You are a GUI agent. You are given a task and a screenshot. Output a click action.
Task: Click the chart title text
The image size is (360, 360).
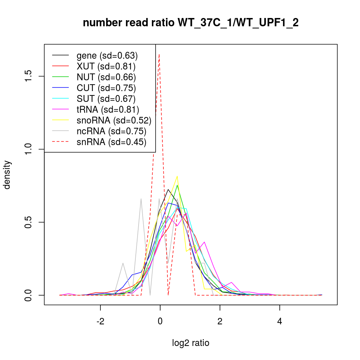click(x=190, y=23)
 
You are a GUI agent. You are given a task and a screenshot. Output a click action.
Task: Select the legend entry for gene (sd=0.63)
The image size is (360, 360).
click(x=107, y=56)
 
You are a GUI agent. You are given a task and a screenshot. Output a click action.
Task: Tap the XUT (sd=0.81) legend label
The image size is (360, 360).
click(x=106, y=67)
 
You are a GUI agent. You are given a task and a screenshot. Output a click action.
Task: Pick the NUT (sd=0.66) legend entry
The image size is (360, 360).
click(x=106, y=77)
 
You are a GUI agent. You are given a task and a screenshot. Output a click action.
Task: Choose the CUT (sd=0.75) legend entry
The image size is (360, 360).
click(x=106, y=88)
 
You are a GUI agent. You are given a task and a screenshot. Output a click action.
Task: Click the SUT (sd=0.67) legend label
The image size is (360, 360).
click(x=106, y=99)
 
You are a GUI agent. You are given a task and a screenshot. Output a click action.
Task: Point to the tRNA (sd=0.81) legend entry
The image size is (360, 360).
click(x=108, y=110)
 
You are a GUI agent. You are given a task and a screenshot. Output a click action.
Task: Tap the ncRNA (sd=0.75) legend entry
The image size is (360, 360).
click(x=111, y=131)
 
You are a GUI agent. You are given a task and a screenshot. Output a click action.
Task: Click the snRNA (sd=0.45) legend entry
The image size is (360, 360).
click(x=111, y=142)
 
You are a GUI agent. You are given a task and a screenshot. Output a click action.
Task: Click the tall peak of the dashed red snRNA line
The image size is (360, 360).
click(x=159, y=55)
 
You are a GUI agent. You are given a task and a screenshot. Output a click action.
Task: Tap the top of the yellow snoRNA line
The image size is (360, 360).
click(x=177, y=176)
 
